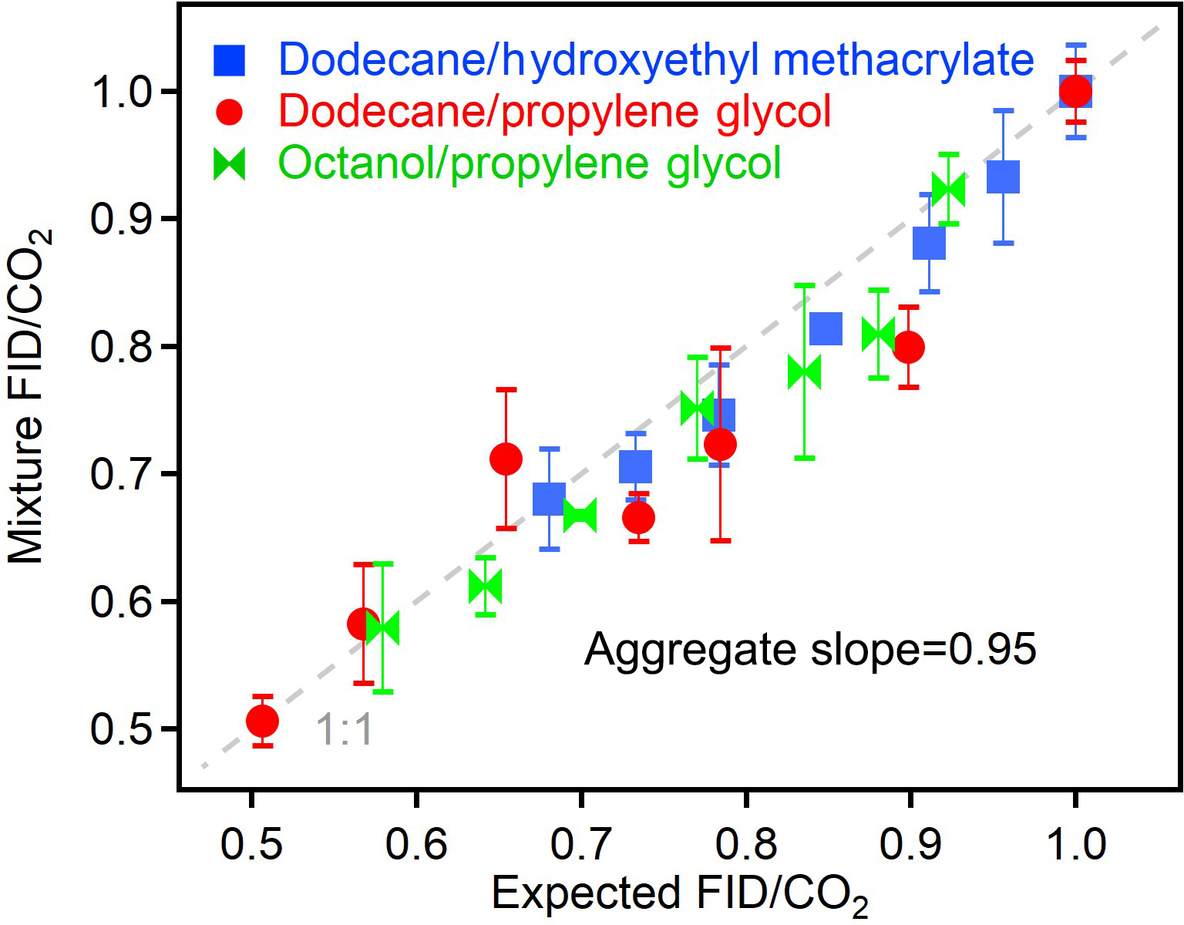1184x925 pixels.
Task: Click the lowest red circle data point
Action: (x=262, y=721)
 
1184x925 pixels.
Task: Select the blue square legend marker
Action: (x=229, y=60)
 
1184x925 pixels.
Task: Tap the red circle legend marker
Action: (x=229, y=113)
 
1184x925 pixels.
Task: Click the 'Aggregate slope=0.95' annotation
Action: (x=809, y=649)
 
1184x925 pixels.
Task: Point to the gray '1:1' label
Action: (x=345, y=729)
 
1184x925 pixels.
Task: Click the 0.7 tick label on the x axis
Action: (x=580, y=845)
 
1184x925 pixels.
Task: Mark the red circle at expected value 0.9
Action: (x=909, y=347)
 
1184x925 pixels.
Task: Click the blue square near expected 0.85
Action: (x=826, y=329)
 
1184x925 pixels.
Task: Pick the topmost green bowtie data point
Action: (x=948, y=189)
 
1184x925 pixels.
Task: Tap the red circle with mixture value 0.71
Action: (x=506, y=459)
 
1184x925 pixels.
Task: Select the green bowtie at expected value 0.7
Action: (x=580, y=516)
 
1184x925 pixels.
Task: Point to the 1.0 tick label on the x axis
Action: (x=1075, y=845)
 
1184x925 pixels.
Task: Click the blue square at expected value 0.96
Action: (x=1003, y=177)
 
